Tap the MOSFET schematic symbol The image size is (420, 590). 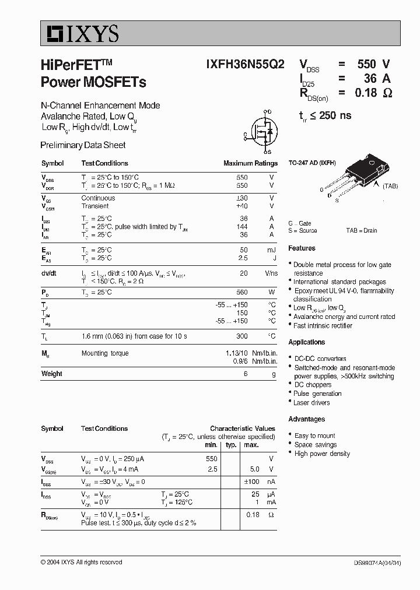coord(263,131)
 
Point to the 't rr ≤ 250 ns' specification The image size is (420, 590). coord(325,115)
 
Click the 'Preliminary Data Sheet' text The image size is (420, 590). coord(83,145)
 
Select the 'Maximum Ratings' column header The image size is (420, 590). coord(250,163)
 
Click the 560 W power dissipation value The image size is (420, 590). coord(242,292)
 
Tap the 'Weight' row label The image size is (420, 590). coord(52,374)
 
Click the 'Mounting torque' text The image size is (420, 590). coord(105,353)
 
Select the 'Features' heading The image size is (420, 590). coord(302,248)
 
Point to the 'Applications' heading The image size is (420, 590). coord(307,342)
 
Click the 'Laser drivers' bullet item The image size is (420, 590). coord(311,403)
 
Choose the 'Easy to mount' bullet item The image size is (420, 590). coord(314,436)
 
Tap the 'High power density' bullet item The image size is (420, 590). coord(322,454)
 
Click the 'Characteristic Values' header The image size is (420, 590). coord(243,429)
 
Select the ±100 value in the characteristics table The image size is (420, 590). coord(251,482)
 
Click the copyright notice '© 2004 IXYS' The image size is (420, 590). coord(82,562)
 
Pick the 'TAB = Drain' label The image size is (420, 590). coord(362,231)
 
